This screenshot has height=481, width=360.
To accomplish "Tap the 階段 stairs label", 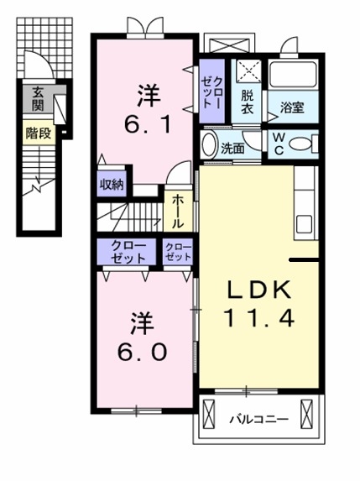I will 38,133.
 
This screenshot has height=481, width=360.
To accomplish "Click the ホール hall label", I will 179,212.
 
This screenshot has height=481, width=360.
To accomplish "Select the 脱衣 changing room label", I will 247,102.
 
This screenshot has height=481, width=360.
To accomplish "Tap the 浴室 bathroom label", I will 292,107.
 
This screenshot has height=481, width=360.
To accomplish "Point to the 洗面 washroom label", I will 232,148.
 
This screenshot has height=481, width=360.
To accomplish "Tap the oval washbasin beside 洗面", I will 209,144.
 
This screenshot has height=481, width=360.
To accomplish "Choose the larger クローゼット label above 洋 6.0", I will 123,251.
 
